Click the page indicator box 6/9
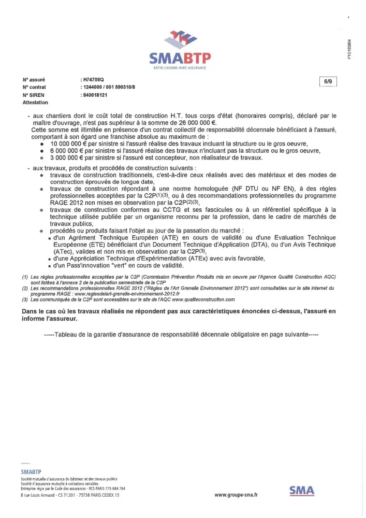pos(328,81)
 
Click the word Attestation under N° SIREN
pos(35,103)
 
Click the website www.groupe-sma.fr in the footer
pos(236,495)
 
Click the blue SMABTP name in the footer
pos(31,472)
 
